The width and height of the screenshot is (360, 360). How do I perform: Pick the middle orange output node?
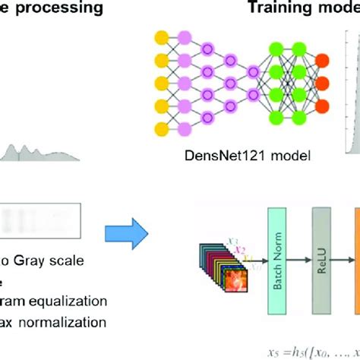pyautogui.click(x=322, y=81)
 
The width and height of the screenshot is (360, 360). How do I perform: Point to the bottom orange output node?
pyautogui.click(x=322, y=104)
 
